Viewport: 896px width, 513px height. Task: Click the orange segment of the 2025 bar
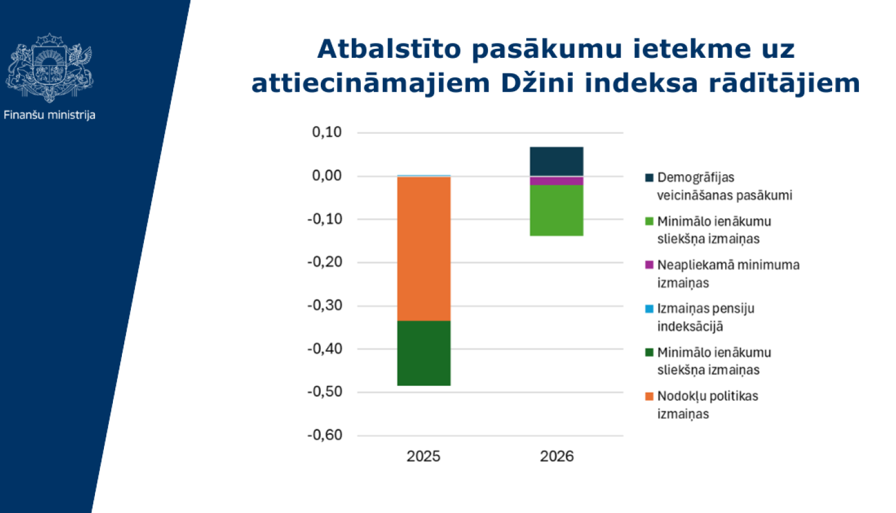coord(424,248)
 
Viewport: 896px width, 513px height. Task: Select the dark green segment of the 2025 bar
coord(424,353)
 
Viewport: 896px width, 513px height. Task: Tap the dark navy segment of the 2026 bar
coord(556,161)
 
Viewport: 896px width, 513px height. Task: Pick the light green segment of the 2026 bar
coord(556,210)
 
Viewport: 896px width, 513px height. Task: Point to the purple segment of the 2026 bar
coord(556,181)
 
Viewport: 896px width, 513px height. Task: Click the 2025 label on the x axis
coord(423,456)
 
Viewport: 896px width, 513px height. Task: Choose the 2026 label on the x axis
coord(556,456)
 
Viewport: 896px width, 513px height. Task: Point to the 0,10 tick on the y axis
coord(327,132)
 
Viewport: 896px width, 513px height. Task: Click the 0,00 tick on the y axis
coord(327,175)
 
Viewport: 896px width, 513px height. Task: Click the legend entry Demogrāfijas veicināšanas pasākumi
coord(724,186)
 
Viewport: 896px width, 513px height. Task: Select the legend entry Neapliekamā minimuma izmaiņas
coord(728,274)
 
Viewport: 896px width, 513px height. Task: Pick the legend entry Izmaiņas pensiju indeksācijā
coord(705,317)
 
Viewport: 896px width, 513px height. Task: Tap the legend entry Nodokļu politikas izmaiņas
coord(707,405)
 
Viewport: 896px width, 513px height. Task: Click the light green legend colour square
coord(649,221)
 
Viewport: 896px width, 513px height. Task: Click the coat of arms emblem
coord(50,67)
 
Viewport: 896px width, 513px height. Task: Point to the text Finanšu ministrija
coord(50,115)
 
